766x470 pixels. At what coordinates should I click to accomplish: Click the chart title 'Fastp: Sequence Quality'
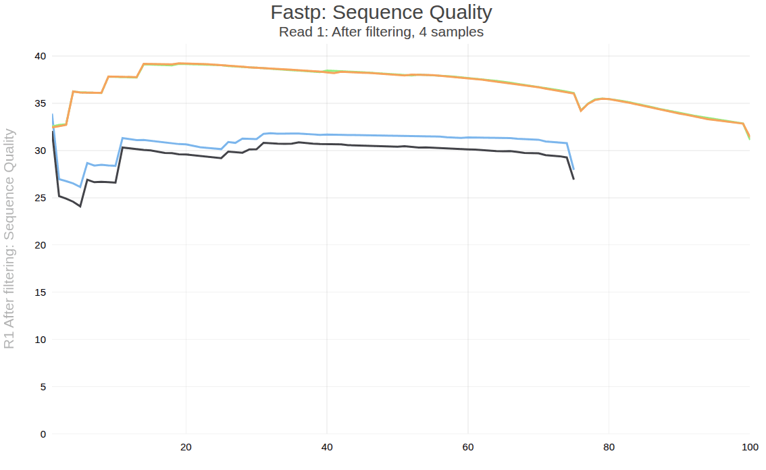point(381,12)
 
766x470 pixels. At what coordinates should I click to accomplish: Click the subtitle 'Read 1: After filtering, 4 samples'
point(381,32)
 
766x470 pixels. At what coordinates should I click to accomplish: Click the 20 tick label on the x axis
point(186,447)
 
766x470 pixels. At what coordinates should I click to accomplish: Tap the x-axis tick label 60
point(467,447)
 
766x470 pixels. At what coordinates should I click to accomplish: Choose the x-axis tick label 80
point(609,447)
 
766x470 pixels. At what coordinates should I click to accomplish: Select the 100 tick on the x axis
point(749,447)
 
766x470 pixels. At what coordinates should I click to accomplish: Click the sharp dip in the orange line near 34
point(581,111)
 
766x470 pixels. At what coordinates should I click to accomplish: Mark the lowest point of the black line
point(80,206)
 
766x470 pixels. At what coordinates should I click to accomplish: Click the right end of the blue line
point(573,169)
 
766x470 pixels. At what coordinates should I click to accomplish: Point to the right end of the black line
point(573,179)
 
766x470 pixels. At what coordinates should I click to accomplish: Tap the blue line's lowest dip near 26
point(80,187)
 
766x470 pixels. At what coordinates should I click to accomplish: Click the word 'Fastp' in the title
point(292,12)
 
